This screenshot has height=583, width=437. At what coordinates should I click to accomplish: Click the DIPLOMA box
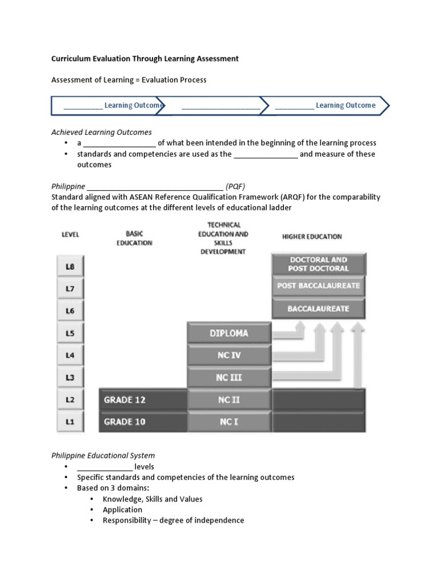click(229, 333)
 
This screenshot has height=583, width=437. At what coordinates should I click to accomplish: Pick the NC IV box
click(229, 355)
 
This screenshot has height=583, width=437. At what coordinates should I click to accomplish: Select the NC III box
click(229, 377)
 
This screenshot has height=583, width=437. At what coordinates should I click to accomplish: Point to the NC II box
click(229, 400)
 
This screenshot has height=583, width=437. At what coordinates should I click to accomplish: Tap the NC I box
click(229, 422)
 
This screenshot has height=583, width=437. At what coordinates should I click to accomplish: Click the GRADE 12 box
click(142, 400)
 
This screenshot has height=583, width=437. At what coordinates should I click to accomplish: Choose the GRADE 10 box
click(142, 422)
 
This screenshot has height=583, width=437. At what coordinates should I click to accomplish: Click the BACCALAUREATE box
click(319, 309)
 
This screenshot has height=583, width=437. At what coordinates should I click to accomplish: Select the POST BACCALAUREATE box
click(319, 286)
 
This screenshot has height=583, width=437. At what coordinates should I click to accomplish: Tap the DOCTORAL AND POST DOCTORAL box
click(319, 264)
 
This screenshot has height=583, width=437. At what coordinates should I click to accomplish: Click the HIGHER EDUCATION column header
click(312, 236)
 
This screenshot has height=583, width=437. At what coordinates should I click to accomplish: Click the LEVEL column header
click(70, 235)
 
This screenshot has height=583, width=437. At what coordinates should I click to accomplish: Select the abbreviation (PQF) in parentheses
click(235, 186)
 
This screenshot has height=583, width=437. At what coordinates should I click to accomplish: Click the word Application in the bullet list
click(122, 510)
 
